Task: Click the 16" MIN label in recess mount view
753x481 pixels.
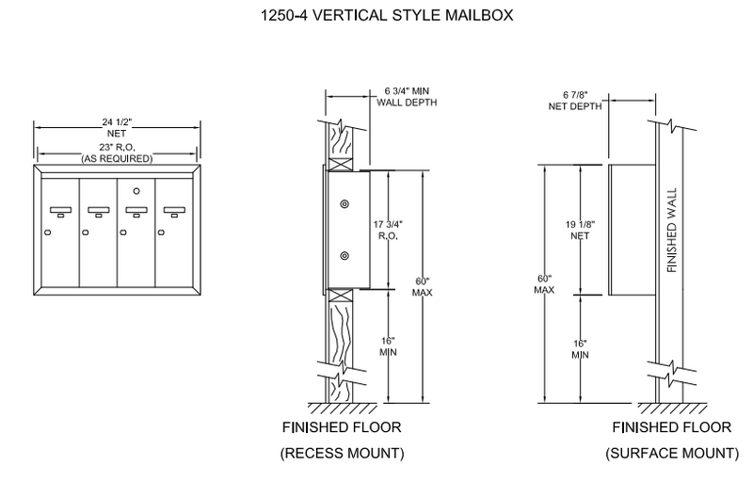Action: coord(388,345)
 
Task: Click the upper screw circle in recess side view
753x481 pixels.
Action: coord(345,205)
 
